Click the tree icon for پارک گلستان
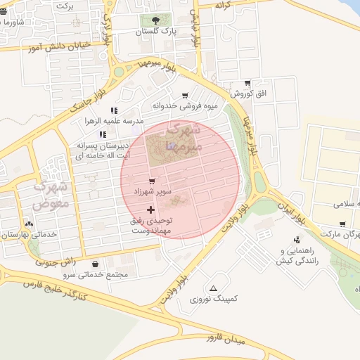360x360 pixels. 155,20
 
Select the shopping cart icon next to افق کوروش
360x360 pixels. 247,83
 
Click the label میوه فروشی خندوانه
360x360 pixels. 186,106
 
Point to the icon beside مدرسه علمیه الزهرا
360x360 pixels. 114,110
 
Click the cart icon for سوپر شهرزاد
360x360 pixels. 152,181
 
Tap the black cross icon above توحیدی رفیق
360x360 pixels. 150,210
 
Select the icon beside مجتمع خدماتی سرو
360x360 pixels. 95,264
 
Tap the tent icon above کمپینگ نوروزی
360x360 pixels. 214,288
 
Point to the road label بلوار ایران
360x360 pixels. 290,209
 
